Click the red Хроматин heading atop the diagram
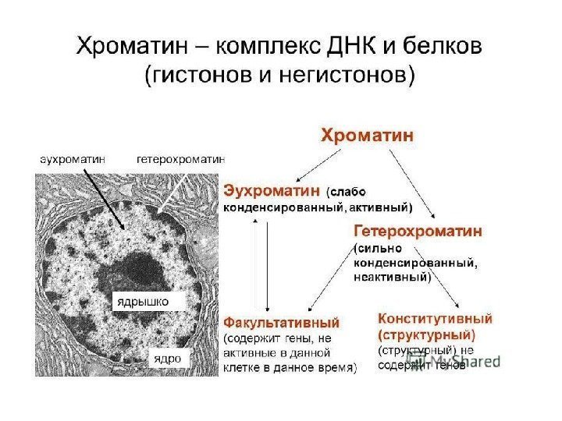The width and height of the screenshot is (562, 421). click(368, 135)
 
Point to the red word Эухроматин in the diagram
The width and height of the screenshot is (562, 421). click(272, 189)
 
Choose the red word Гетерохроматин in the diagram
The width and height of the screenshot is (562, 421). click(418, 232)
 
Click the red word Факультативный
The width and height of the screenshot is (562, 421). click(282, 322)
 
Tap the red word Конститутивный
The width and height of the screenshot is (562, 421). click(435, 319)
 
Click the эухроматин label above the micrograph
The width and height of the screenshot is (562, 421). click(73, 158)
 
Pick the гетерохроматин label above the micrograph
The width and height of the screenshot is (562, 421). click(180, 158)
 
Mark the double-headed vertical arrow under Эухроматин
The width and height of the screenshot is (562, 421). click(268, 265)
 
